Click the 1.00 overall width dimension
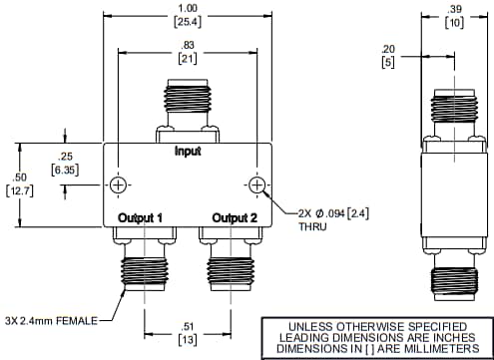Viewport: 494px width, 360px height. [187, 8]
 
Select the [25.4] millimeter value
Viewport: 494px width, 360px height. [187, 21]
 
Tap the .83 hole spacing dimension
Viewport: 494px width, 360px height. [187, 47]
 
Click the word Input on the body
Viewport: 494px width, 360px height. [187, 153]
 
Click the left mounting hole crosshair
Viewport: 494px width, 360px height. [119, 186]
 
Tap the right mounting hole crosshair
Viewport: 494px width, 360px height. [256, 186]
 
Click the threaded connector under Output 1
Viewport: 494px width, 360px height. [146, 269]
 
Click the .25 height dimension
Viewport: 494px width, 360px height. [67, 157]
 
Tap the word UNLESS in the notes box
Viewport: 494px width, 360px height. [307, 326]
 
